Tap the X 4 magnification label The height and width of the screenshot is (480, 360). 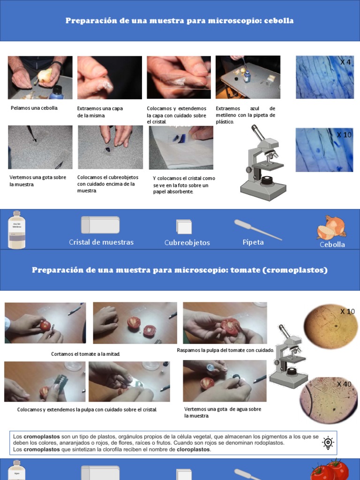click(x=345, y=62)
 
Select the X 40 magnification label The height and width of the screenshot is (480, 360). click(x=344, y=384)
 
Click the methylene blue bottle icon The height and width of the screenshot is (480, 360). click(x=17, y=229)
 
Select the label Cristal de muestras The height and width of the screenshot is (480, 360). click(x=101, y=242)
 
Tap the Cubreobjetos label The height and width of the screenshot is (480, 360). click(x=187, y=243)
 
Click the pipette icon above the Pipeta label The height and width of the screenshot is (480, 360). click(x=257, y=230)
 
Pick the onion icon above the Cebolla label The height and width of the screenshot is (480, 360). click(x=332, y=227)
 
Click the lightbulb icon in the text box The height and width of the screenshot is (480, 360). click(x=328, y=443)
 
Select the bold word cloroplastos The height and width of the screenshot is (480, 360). click(x=193, y=450)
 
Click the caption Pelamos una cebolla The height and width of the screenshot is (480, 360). click(x=34, y=108)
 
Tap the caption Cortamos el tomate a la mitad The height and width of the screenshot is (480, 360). click(x=85, y=354)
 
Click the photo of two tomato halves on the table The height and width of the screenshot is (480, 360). click(x=135, y=323)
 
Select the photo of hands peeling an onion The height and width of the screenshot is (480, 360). click(x=40, y=77)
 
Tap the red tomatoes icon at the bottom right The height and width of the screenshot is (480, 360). click(x=330, y=470)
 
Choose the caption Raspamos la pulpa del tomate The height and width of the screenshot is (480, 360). click(x=225, y=350)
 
